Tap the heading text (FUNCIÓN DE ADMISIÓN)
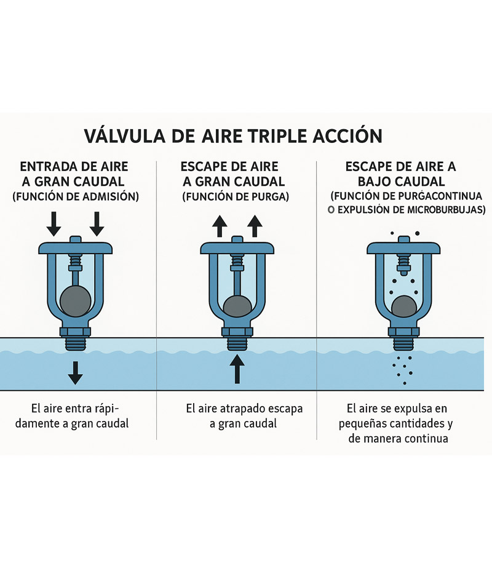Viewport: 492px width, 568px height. (76, 197)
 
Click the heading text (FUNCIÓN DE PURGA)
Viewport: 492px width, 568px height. (236, 197)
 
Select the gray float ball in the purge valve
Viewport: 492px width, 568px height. (237, 306)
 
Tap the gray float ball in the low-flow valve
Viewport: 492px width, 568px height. (404, 306)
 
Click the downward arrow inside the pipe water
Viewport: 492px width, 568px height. (75, 372)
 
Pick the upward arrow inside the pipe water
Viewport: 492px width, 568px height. (237, 369)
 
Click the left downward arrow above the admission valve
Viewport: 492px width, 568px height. (54, 224)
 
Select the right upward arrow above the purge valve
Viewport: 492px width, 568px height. (255, 226)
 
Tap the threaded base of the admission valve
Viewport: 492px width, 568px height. (75, 343)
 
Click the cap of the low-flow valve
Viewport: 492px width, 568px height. (403, 248)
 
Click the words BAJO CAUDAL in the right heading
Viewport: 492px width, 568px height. (401, 181)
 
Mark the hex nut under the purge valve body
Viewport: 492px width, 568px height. (237, 332)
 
